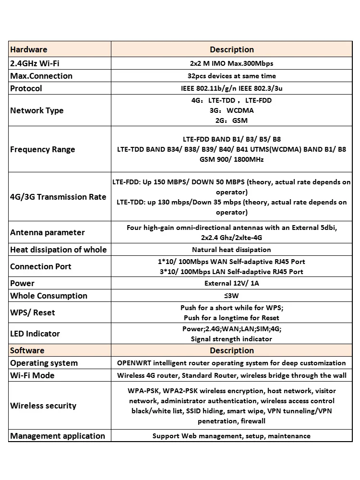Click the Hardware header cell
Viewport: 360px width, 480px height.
coord(29,49)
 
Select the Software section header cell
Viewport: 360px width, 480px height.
coord(27,350)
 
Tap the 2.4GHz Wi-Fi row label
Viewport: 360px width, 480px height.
coord(35,63)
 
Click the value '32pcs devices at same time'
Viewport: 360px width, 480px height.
coord(231,76)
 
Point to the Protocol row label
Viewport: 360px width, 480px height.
coord(26,88)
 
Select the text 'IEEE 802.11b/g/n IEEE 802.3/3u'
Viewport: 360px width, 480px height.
coord(231,88)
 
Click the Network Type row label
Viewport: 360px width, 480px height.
coord(37,110)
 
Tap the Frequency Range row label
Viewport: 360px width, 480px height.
coord(43,149)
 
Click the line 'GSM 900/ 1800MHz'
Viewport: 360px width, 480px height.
coord(231,159)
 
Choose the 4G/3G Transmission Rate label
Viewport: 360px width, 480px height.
coord(58,197)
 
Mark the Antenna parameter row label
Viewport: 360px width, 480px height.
coord(48,232)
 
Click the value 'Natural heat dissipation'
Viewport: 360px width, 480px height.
coord(231,250)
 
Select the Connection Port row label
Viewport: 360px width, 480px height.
coord(41,266)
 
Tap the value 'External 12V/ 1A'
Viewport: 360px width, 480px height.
coord(231,283)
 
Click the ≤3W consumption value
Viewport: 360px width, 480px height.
coord(231,296)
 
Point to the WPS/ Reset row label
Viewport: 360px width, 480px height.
coord(33,312)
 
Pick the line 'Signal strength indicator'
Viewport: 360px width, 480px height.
coord(231,339)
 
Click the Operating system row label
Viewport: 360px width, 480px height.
coord(44,363)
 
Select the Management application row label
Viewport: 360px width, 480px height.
coord(58,436)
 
